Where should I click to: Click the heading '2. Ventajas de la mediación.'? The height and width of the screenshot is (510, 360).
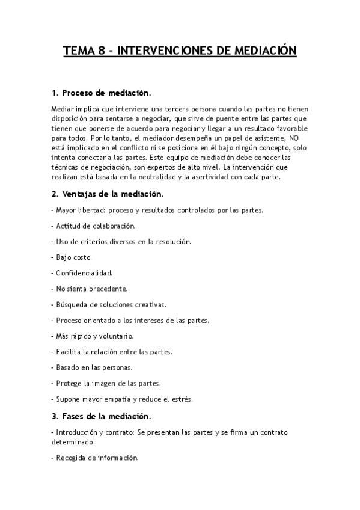point(108,194)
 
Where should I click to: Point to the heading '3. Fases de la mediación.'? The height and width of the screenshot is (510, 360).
point(102,416)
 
